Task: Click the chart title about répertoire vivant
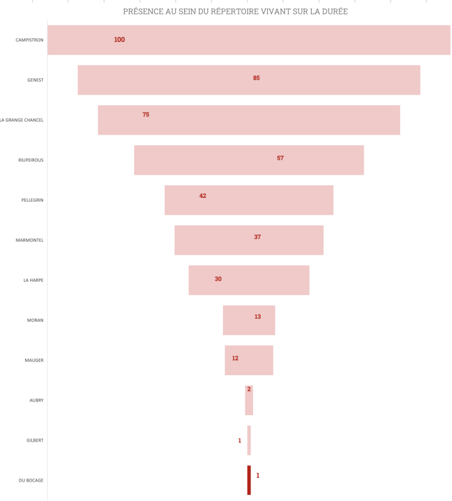[235, 11]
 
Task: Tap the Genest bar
[188, 80]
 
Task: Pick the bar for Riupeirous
[219, 160]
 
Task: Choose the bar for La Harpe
[263, 281]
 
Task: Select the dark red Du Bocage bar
[249, 480]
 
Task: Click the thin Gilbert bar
[249, 440]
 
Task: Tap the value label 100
[119, 40]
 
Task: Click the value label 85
[257, 78]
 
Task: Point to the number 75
[146, 115]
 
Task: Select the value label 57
[280, 158]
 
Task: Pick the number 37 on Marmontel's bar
[257, 237]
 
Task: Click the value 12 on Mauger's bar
[235, 358]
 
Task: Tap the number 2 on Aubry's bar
[249, 390]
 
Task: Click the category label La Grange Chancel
[22, 120]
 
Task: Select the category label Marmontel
[29, 240]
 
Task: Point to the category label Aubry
[36, 401]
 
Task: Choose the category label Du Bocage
[31, 480]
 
